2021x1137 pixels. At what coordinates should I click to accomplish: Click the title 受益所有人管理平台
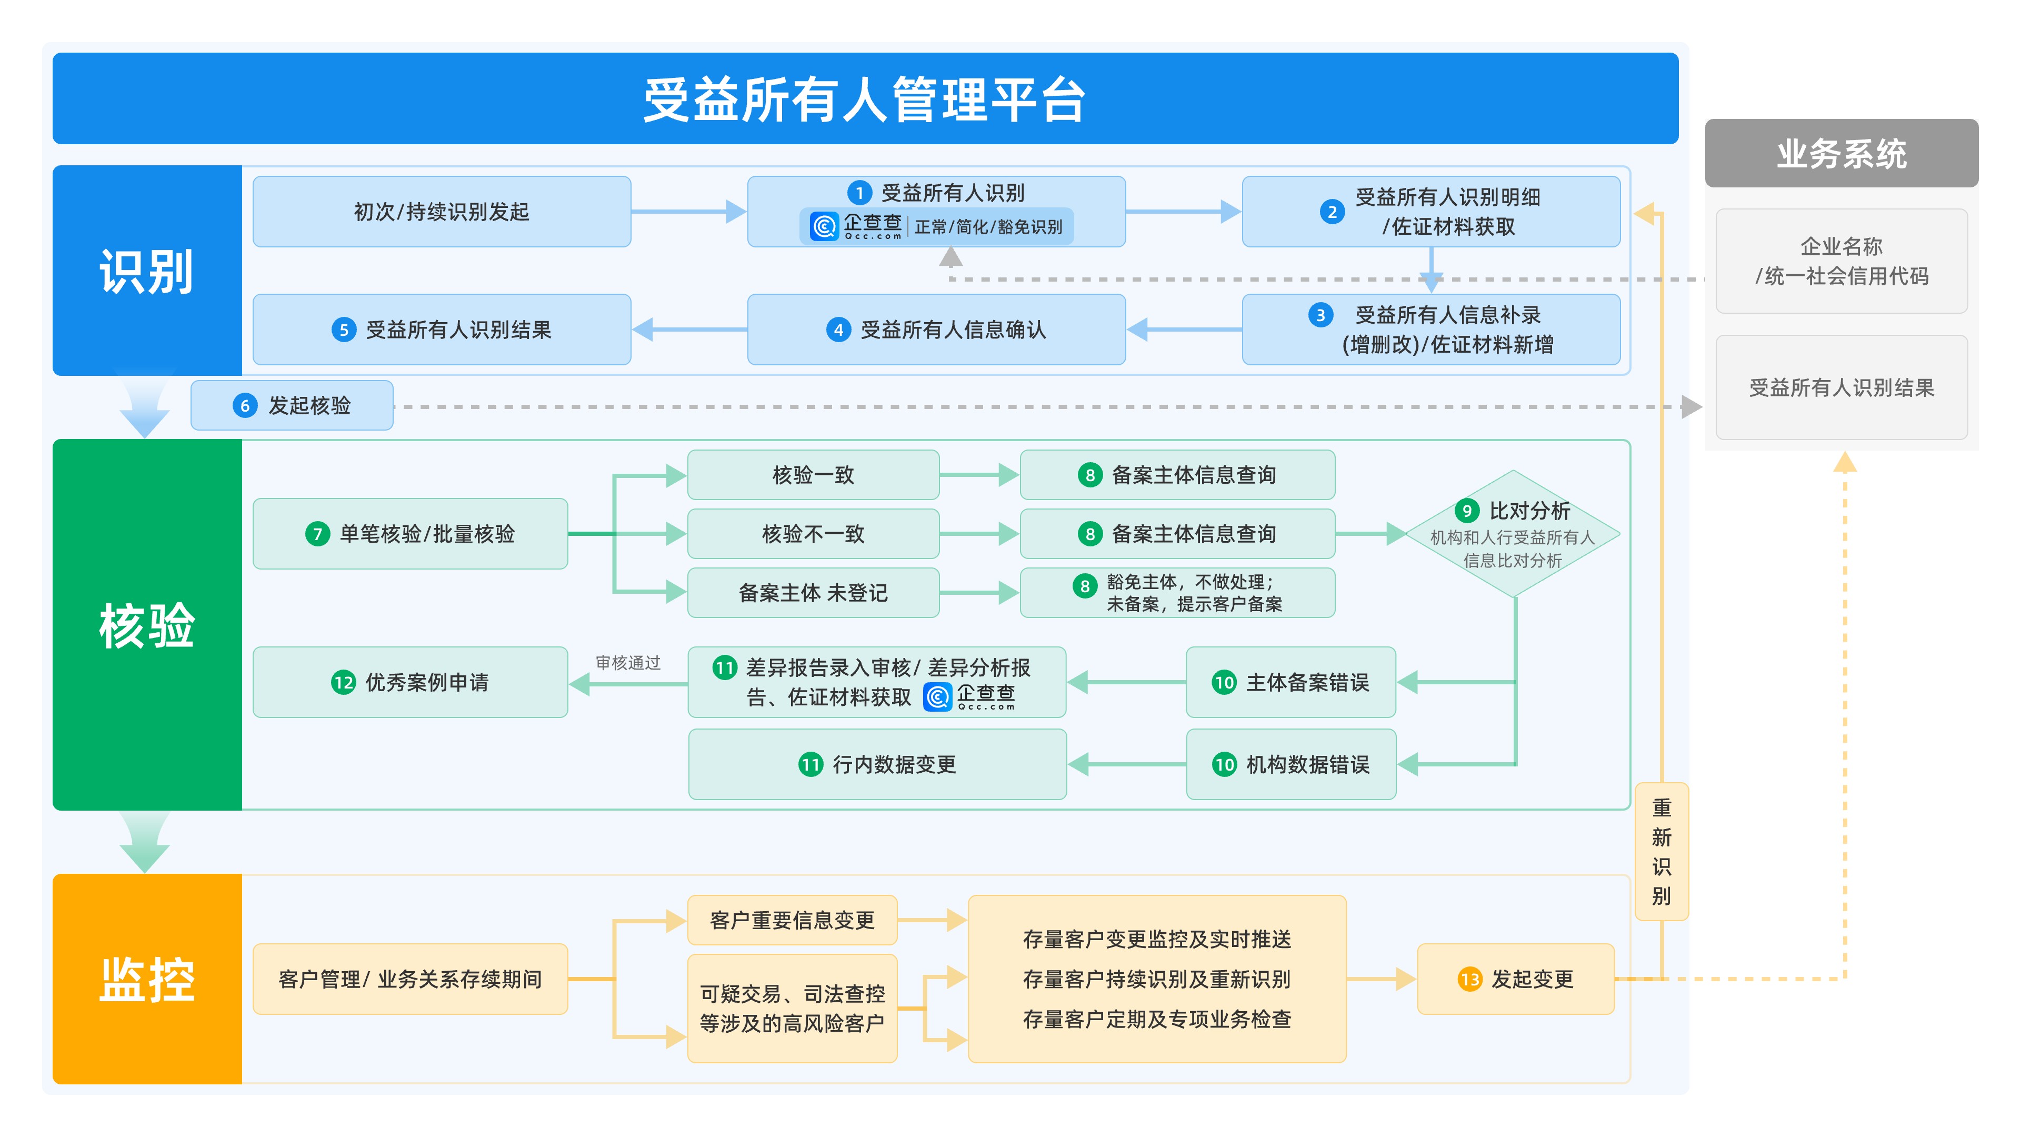865,99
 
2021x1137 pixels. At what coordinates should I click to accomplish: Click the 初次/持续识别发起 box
441,212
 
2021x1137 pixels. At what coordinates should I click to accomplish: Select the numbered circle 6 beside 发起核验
245,406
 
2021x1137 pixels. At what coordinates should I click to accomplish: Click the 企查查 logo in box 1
855,226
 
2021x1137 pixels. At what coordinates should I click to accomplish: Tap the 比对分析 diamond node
1513,534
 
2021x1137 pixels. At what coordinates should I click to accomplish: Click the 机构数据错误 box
1290,764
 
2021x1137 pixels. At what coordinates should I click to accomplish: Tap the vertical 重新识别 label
1661,851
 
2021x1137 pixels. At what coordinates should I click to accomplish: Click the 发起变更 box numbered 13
1515,979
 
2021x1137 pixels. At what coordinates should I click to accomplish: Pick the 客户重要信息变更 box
792,920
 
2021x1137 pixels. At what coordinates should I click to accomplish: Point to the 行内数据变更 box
877,764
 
